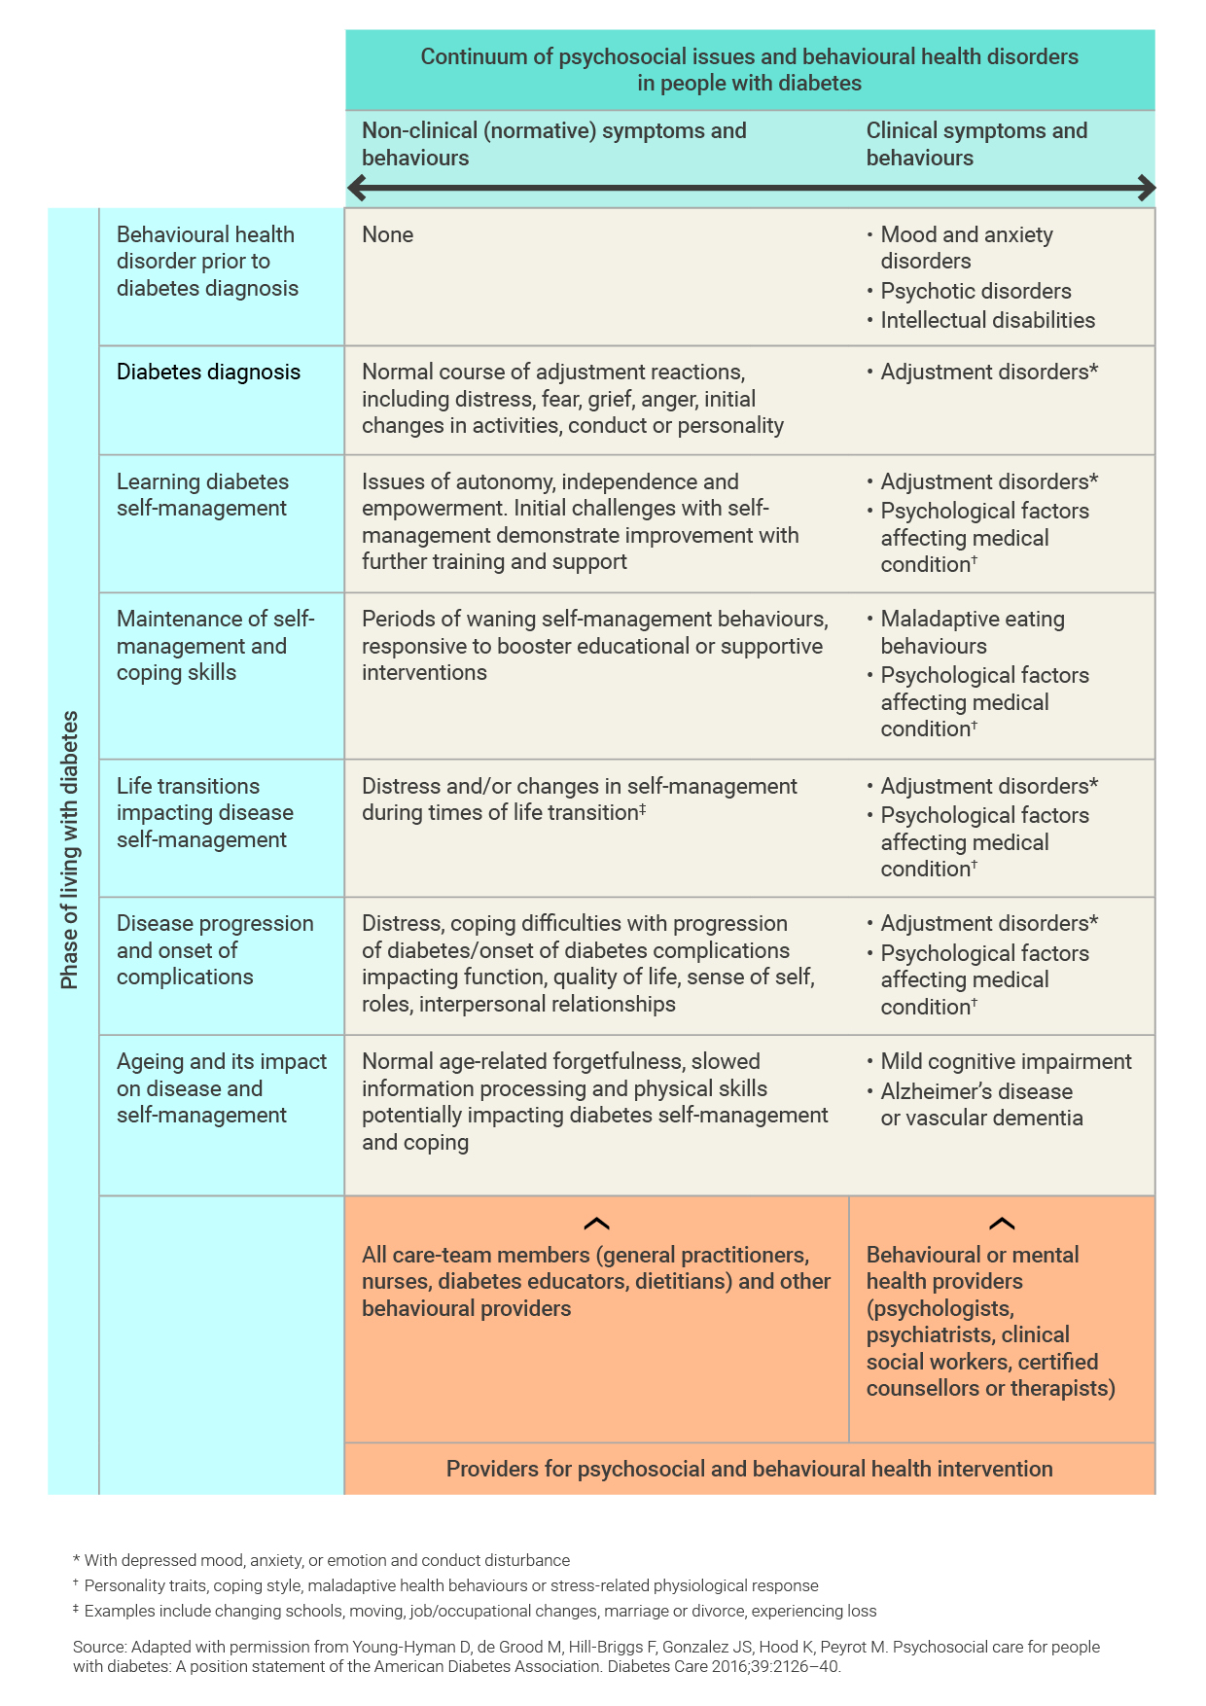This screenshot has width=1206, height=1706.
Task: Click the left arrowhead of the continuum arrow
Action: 356,188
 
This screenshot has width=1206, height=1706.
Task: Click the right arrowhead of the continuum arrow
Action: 1147,188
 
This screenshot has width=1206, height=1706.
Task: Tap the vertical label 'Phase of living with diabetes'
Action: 69,850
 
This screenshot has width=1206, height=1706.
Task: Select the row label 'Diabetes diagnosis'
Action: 208,373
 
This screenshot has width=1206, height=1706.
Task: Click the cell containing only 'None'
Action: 387,235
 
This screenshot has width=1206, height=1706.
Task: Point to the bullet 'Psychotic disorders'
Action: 975,292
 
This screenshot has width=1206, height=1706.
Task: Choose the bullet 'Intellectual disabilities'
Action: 986,321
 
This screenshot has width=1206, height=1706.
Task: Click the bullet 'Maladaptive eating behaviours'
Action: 972,632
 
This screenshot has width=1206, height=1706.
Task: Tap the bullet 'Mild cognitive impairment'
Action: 1005,1062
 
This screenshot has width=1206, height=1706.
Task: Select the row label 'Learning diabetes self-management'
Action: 202,495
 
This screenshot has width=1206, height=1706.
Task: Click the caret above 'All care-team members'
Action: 596,1224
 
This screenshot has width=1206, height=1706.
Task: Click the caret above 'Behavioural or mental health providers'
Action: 1001,1224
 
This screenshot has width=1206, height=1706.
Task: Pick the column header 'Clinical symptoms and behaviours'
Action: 976,144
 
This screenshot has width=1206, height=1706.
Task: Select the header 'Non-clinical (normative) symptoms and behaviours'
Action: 553,144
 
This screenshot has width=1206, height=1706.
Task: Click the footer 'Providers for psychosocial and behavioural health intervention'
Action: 749,1469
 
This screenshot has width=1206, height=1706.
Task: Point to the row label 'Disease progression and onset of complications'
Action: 215,950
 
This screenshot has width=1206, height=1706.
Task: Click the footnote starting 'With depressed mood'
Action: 326,1560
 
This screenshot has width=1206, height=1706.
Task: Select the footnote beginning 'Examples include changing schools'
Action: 479,1611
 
